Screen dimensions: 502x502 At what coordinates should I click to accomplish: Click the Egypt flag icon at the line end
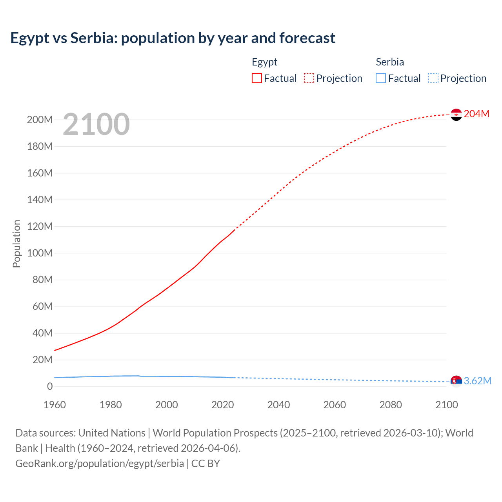point(456,115)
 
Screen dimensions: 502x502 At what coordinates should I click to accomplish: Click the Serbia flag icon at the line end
point(456,381)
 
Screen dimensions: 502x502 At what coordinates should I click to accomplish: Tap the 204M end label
point(477,114)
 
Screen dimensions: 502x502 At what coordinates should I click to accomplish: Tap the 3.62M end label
point(477,381)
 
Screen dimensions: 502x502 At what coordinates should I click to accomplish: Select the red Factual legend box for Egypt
point(256,78)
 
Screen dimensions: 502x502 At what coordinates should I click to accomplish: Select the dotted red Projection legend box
point(309,78)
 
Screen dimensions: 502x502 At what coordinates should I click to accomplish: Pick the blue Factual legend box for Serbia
point(381,78)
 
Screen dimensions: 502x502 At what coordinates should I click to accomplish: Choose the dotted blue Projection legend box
point(433,78)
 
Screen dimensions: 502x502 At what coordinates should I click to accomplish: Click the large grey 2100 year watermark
point(96,124)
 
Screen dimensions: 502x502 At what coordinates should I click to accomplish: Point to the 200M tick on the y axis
point(40,120)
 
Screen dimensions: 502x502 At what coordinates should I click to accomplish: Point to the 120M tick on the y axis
point(40,226)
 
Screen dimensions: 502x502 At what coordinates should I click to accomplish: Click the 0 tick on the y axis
point(49,386)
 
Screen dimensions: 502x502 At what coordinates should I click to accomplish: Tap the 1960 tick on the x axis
point(55,405)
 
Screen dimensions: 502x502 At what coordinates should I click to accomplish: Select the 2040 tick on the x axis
point(278,405)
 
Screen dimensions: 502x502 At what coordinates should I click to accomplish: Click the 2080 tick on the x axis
point(391,405)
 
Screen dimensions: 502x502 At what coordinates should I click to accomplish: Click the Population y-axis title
point(16,244)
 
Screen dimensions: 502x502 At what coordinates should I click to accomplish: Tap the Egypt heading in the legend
point(264,62)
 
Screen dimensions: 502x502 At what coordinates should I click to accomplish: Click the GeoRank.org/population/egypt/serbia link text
point(100,463)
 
